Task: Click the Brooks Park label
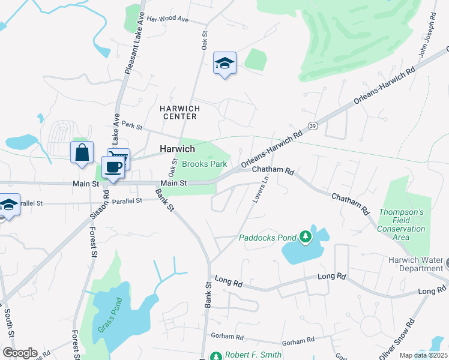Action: click(204, 164)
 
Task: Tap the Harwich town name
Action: click(176, 149)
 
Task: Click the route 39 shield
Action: click(313, 124)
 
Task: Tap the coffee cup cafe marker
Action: click(113, 167)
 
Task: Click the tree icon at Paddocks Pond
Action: click(306, 236)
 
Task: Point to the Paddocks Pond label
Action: click(268, 238)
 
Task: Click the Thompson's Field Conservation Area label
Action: click(402, 224)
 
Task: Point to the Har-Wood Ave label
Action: click(167, 19)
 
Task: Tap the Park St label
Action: click(131, 125)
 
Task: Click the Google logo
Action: click(19, 353)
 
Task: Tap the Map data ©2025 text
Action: click(424, 355)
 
